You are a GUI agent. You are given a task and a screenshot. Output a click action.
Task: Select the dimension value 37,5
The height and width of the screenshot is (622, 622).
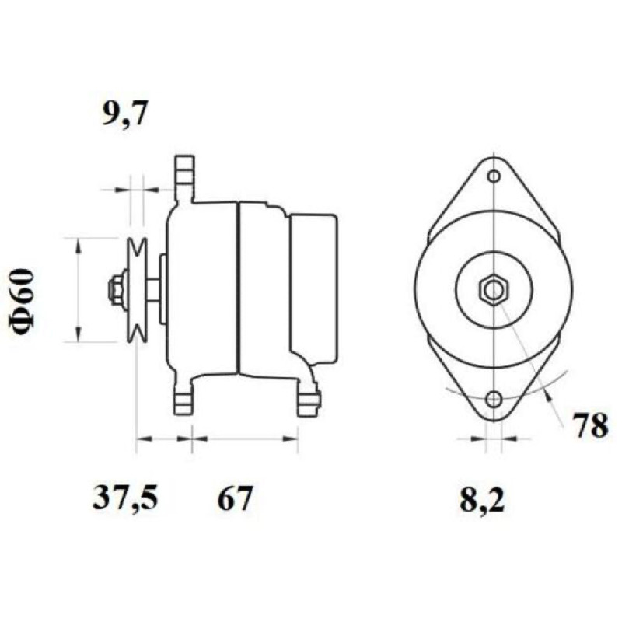125,498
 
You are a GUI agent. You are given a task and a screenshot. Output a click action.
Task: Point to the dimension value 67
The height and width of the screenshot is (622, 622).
235,498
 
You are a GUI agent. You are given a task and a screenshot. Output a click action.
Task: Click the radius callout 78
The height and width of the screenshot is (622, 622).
590,426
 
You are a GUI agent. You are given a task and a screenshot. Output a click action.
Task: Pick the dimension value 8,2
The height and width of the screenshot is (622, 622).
481,500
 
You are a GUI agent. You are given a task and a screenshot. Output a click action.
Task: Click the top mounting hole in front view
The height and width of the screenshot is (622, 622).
494,176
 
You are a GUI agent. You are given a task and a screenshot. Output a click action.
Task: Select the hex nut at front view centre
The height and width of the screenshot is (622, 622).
494,290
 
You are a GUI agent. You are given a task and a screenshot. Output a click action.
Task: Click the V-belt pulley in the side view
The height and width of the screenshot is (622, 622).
137,290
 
